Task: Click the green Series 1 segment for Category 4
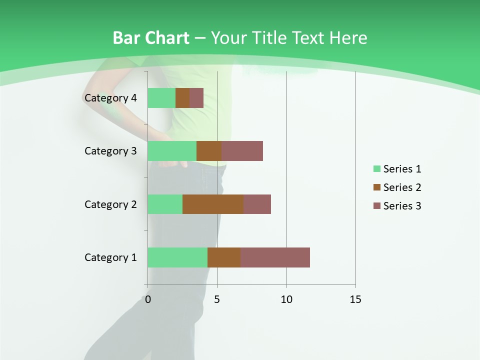pos(161,98)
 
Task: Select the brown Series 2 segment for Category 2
pos(213,204)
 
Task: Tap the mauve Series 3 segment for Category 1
pos(275,257)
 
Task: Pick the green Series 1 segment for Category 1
pos(177,257)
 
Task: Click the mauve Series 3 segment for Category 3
pos(242,151)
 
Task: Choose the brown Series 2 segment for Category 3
pos(209,151)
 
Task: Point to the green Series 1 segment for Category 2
pos(165,204)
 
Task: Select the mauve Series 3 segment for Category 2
pos(257,204)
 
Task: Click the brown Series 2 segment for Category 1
pos(224,257)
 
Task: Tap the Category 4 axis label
pos(110,98)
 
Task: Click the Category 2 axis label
pos(110,204)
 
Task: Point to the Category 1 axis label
pos(110,257)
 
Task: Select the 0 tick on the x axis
pos(148,299)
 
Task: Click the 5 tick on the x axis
pos(217,299)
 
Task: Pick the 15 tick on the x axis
pos(355,299)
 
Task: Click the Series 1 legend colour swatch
pos(376,169)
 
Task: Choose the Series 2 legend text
pos(402,187)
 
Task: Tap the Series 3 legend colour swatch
pos(376,206)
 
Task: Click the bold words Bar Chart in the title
pos(150,38)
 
